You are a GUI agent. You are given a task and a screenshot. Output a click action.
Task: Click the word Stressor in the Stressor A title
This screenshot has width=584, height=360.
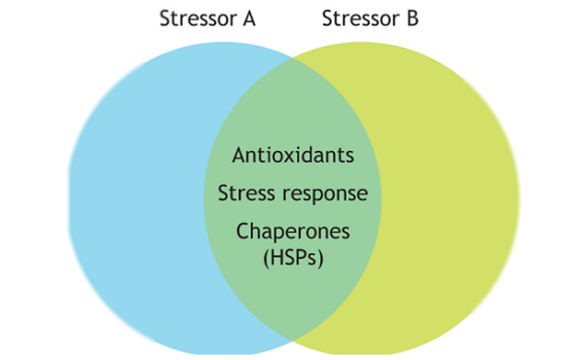click(195, 19)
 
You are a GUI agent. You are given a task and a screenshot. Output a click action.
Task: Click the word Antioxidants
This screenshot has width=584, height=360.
click(293, 155)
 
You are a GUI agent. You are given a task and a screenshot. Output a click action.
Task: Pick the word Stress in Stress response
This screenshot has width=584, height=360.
click(245, 193)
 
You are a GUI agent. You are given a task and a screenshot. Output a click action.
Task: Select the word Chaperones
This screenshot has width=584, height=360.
click(293, 232)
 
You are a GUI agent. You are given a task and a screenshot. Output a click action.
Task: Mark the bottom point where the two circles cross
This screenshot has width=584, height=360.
click(292, 341)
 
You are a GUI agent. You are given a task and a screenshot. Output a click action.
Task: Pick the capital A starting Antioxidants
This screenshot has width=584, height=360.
click(238, 155)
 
